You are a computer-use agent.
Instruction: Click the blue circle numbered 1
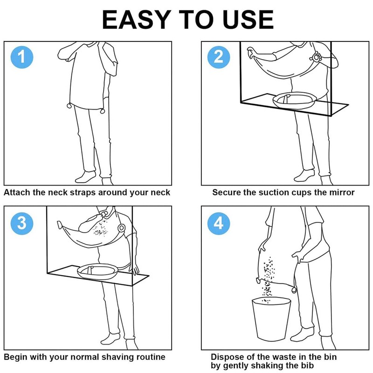22,57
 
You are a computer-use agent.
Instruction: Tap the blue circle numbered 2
219,57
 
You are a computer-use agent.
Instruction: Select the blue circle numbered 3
22,224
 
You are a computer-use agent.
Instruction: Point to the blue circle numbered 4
219,224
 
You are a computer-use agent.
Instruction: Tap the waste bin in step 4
271,319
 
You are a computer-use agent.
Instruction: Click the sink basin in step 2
295,100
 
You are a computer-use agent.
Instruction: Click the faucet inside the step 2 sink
286,98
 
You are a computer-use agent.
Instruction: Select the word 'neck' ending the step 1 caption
160,192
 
